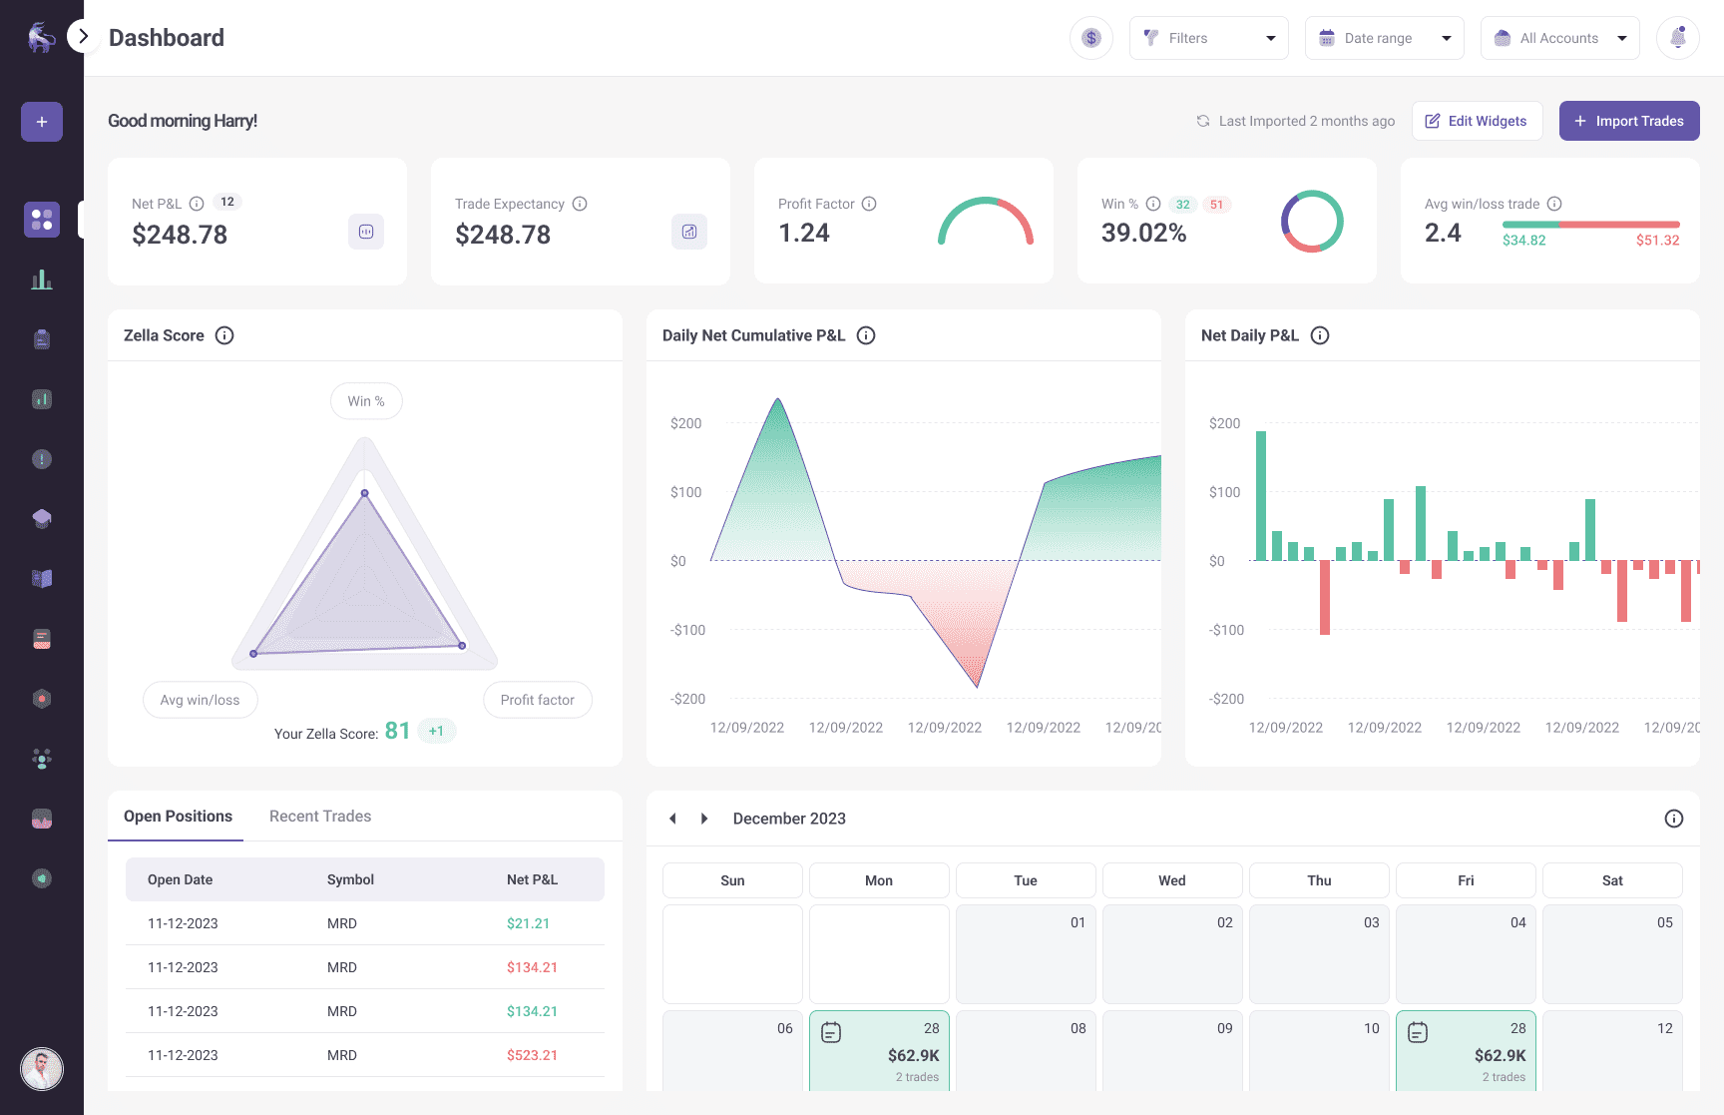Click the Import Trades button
point(1628,121)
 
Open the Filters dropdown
point(1208,38)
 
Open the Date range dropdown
point(1384,38)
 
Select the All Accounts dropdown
point(1559,38)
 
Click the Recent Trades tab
point(320,817)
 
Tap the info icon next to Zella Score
point(224,335)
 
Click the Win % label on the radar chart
point(366,401)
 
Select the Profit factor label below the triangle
point(537,700)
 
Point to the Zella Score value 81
point(397,732)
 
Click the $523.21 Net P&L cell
point(532,1055)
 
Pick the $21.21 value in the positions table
point(528,923)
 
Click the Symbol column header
point(350,879)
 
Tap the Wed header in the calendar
point(1172,880)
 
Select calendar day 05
point(1612,953)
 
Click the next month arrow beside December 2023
point(704,819)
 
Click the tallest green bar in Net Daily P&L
point(1261,495)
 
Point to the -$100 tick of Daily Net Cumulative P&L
point(687,630)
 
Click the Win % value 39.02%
point(1143,234)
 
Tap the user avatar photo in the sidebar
point(42,1069)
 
